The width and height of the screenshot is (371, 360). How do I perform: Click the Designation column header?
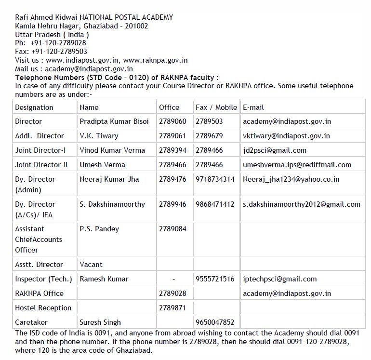(x=34, y=107)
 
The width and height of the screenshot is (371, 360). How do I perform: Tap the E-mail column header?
(x=253, y=107)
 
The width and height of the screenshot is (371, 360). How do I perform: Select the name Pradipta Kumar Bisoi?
(x=114, y=121)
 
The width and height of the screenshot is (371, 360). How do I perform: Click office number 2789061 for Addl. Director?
(x=172, y=136)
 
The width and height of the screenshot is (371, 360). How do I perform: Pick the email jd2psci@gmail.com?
(x=275, y=150)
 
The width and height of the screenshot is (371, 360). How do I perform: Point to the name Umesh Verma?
(x=102, y=165)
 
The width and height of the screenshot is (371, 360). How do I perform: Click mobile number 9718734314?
(x=215, y=179)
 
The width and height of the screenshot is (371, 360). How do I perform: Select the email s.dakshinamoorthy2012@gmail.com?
(x=302, y=204)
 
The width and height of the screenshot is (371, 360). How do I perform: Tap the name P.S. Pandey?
(x=99, y=229)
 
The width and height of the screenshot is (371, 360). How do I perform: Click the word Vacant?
(x=91, y=265)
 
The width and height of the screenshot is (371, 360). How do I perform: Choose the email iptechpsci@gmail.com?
(x=280, y=279)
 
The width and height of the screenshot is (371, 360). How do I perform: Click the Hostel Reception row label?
(x=43, y=308)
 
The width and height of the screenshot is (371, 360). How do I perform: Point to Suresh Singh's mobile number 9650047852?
(x=215, y=322)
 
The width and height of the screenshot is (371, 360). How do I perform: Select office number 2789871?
(x=172, y=308)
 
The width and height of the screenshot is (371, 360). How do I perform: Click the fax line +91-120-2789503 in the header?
(x=51, y=52)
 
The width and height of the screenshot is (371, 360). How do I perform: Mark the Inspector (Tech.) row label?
(x=43, y=279)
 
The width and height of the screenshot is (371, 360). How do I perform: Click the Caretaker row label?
(x=31, y=322)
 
